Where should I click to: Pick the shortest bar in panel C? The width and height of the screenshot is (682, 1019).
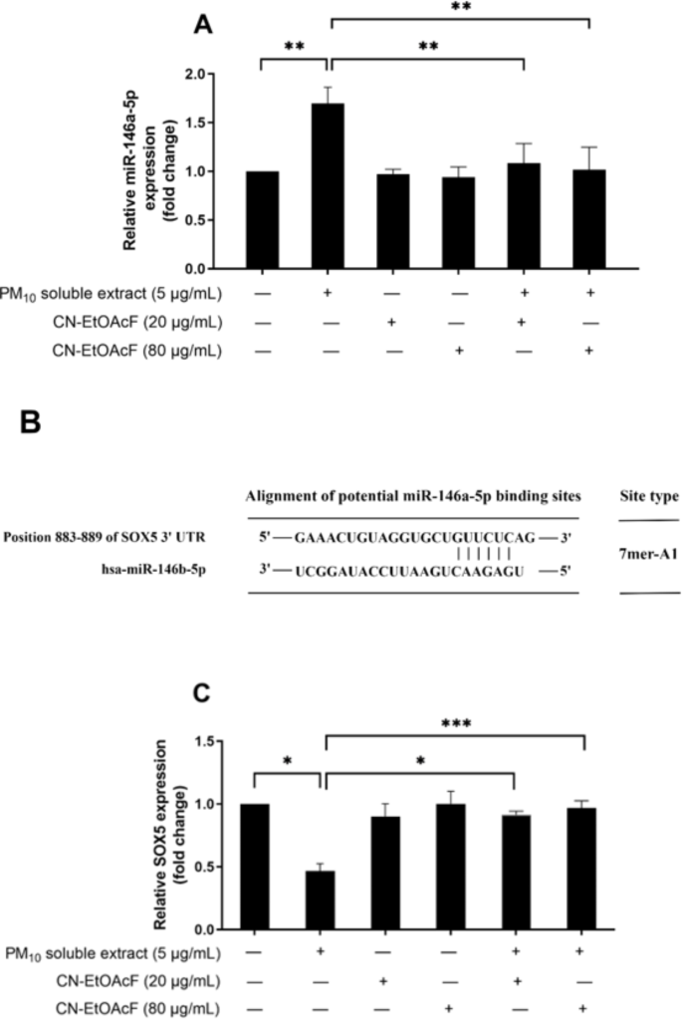pos(320,899)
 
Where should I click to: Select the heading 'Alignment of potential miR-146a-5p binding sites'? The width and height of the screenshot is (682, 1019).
pos(413,496)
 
